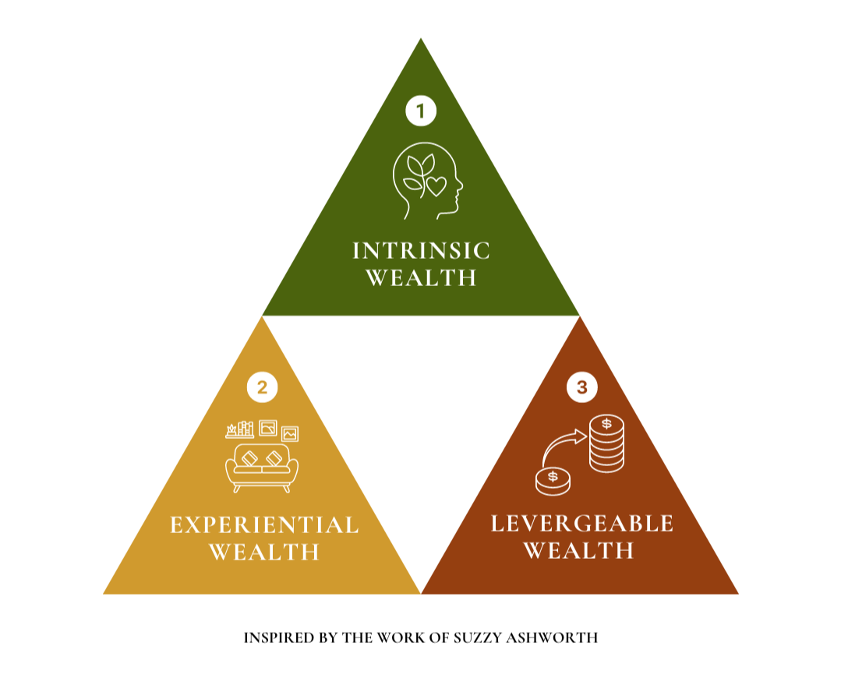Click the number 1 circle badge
(421, 111)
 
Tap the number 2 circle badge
(262, 387)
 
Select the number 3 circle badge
(581, 387)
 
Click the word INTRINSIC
(421, 250)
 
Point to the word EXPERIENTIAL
(264, 524)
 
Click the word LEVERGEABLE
(581, 523)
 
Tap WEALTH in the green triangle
(421, 277)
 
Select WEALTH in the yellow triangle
(264, 552)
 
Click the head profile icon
(427, 181)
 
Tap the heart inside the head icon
(437, 186)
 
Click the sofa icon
(261, 466)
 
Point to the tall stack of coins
(606, 443)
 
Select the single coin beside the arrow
(553, 480)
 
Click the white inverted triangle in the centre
(421, 405)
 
